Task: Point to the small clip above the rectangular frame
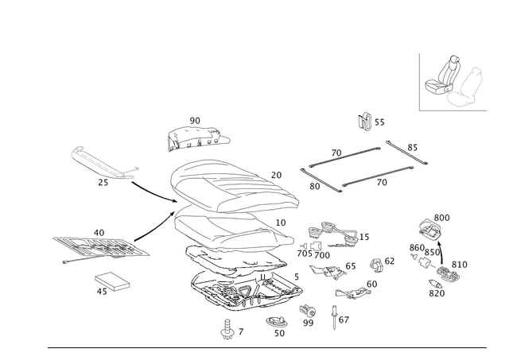(368, 121)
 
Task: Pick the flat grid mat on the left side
(99, 246)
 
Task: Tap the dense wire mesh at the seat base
(243, 282)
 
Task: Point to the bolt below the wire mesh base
(229, 327)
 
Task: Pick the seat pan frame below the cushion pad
(231, 230)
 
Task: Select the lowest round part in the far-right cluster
(438, 290)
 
